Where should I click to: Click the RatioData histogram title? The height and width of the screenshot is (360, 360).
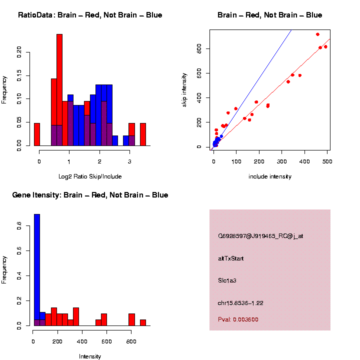(x=90, y=15)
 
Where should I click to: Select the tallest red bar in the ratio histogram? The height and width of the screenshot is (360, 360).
(x=59, y=90)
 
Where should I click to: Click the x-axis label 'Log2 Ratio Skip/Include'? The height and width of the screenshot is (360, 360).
(x=89, y=176)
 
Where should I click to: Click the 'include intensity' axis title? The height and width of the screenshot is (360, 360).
(x=270, y=176)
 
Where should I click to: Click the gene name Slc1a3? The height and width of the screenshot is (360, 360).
(x=227, y=280)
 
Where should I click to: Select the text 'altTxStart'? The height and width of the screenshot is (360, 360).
(x=230, y=258)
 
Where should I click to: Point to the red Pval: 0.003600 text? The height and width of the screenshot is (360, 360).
(x=238, y=319)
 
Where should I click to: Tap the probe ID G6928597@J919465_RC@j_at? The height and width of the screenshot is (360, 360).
(x=260, y=236)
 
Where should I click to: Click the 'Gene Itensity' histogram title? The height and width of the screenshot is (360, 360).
(x=90, y=195)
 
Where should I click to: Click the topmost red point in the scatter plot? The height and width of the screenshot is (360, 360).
(x=317, y=34)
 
